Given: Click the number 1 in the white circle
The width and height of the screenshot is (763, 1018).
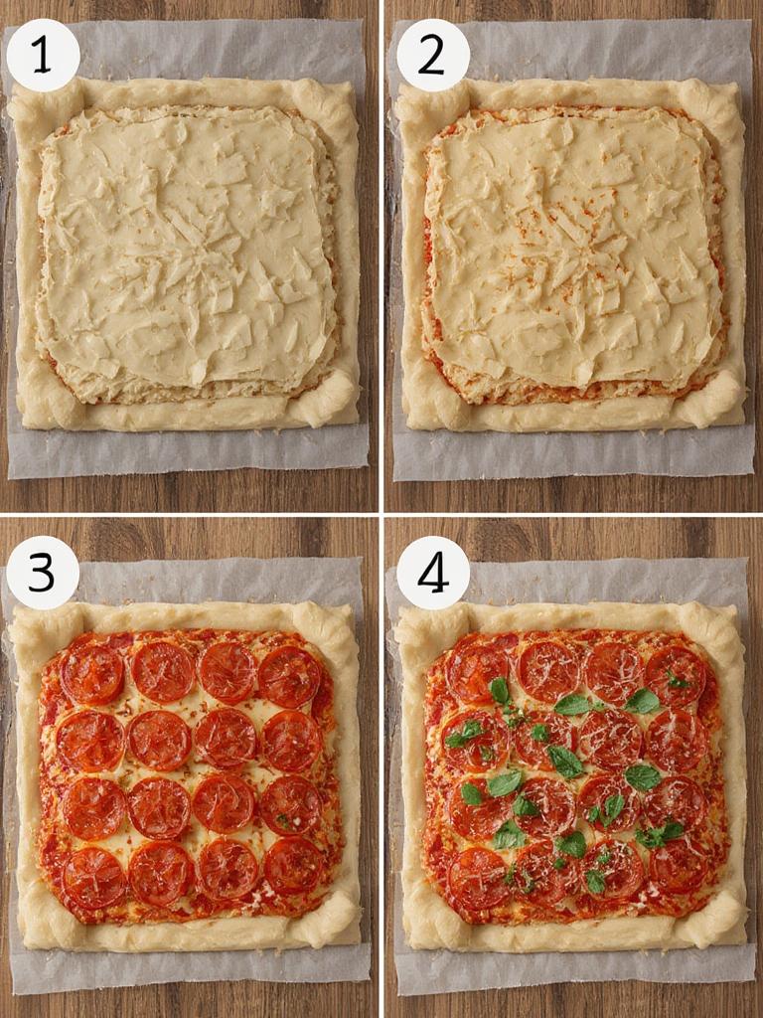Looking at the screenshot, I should [x=43, y=56].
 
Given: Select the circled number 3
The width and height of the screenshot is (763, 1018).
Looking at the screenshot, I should [x=43, y=573].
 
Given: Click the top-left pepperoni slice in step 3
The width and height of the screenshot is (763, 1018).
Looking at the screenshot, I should [x=92, y=674].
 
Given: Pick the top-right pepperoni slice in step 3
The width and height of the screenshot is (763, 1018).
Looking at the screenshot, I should [x=290, y=676].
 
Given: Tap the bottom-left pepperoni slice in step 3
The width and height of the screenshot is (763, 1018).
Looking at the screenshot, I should [x=93, y=876].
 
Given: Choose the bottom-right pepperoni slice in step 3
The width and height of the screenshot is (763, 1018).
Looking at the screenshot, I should [x=294, y=865].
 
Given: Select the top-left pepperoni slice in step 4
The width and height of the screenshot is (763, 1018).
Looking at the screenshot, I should [x=477, y=672].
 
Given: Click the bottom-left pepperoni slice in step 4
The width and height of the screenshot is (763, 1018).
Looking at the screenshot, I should [x=478, y=876].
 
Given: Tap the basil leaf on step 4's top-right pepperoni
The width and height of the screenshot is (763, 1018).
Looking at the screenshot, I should [x=679, y=682].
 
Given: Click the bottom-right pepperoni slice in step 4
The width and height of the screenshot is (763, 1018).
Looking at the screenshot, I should [x=680, y=865].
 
